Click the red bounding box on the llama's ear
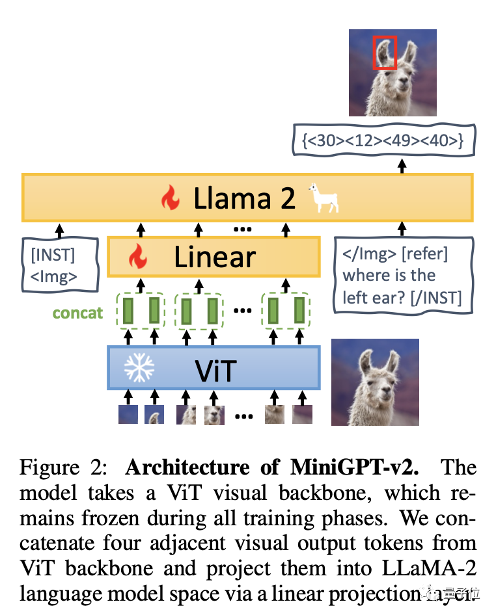[x=383, y=53]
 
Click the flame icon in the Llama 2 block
[x=171, y=199]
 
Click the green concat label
[x=77, y=313]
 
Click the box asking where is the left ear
[x=402, y=275]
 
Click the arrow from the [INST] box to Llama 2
[x=60, y=229]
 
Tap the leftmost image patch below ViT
[x=128, y=414]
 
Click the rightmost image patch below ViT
[x=301, y=414]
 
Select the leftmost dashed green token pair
[x=141, y=310]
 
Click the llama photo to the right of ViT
[x=374, y=382]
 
